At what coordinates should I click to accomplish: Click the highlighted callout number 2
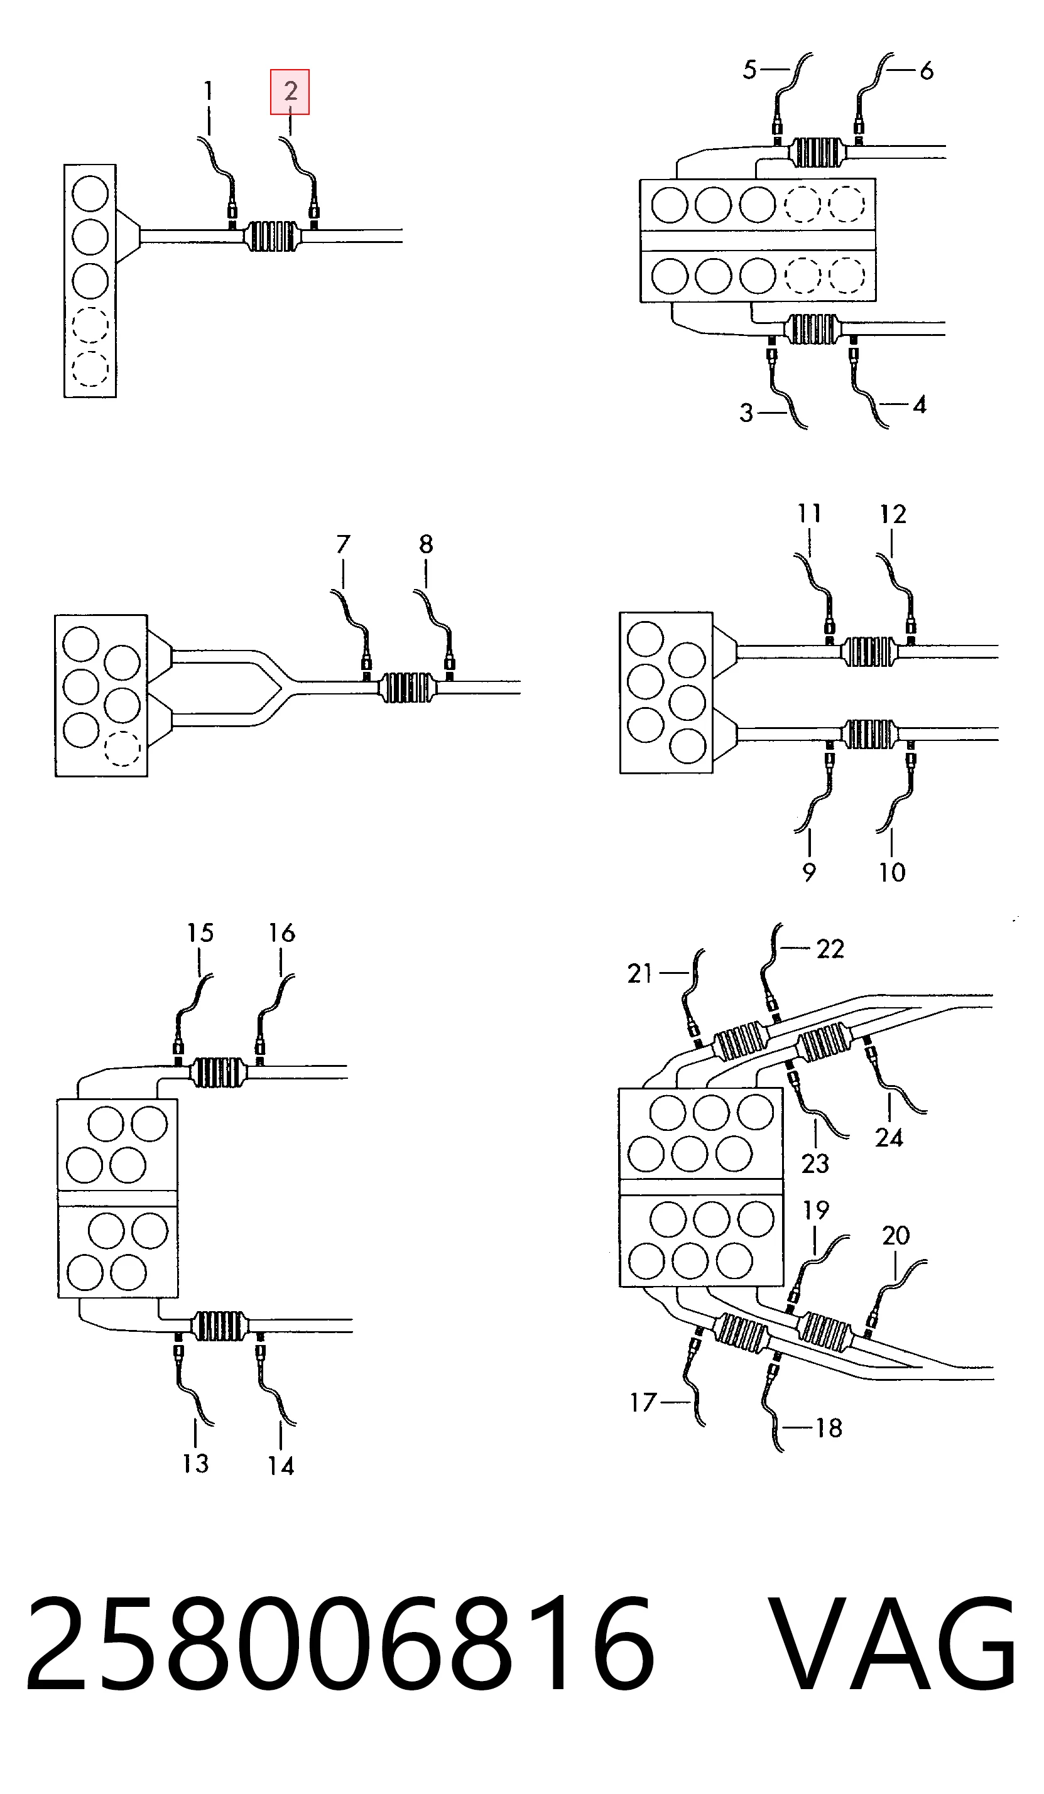[x=290, y=91]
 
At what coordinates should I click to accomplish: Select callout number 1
[x=208, y=91]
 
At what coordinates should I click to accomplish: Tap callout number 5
[x=749, y=70]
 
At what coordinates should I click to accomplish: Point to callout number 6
[x=927, y=70]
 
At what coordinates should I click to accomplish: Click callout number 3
[x=746, y=413]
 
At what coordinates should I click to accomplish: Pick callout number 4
[x=920, y=405]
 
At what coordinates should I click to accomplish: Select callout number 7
[x=343, y=544]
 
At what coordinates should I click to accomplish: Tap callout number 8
[x=426, y=544]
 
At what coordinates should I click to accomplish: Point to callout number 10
[x=891, y=872]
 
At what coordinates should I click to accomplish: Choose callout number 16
[x=281, y=932]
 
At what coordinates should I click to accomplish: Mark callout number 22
[x=830, y=949]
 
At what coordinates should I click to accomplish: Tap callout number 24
[x=889, y=1138]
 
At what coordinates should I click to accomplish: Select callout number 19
[x=816, y=1209]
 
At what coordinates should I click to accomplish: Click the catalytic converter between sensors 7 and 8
[x=407, y=688]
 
